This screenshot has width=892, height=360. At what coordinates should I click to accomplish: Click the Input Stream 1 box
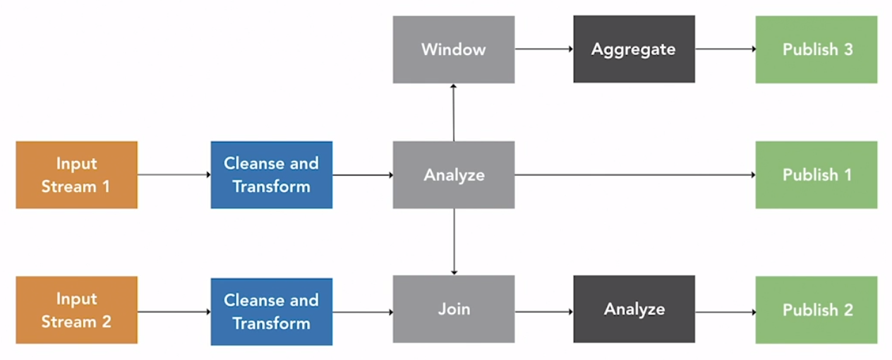[76, 175]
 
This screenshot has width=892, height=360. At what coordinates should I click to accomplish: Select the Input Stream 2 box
[76, 311]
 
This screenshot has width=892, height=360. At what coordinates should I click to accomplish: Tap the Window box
[454, 49]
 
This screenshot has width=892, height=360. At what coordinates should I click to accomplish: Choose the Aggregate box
[634, 49]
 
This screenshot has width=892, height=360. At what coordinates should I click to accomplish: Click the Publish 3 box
[816, 49]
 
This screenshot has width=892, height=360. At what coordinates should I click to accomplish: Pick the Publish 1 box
[816, 175]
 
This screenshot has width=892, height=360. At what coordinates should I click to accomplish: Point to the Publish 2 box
[816, 310]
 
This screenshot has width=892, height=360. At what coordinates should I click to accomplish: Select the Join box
[454, 310]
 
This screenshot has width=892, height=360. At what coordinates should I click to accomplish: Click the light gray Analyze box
[454, 175]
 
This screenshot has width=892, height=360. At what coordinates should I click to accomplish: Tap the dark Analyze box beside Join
[634, 310]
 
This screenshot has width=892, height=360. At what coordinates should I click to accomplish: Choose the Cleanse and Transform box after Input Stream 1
[272, 175]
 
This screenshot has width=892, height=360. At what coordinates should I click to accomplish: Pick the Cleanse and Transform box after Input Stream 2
[272, 311]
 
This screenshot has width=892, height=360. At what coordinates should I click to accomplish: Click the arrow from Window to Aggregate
[543, 49]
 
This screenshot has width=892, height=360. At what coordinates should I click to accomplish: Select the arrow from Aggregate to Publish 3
[725, 49]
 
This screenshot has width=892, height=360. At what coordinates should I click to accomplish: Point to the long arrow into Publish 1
[635, 175]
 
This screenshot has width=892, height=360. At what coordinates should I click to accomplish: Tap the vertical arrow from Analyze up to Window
[454, 112]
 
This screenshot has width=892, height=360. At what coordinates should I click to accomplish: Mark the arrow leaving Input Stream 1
[174, 175]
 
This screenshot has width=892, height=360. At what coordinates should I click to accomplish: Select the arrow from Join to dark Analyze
[543, 311]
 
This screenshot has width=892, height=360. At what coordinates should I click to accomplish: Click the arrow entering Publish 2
[725, 311]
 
